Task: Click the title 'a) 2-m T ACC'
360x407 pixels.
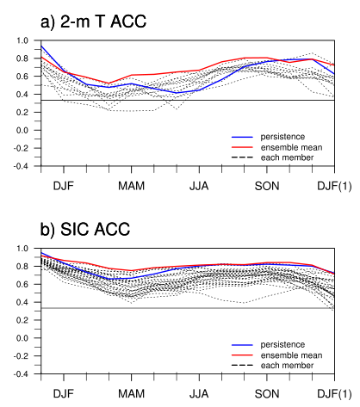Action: [x=93, y=22]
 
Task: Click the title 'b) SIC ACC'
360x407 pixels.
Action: [x=85, y=229]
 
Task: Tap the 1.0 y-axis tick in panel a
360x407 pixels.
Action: [x=22, y=40]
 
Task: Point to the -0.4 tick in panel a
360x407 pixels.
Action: [x=21, y=166]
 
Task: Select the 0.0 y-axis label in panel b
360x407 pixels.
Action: [x=22, y=338]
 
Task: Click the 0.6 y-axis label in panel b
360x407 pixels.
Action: [x=22, y=284]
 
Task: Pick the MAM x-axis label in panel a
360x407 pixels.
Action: [x=131, y=186]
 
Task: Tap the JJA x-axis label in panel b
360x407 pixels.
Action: [x=199, y=394]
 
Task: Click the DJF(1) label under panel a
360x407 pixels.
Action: [x=334, y=186]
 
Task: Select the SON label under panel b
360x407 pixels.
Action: [x=267, y=394]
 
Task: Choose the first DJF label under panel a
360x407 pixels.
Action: [x=64, y=186]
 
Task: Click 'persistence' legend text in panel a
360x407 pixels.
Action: [x=282, y=137]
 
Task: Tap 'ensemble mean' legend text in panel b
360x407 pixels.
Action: [x=291, y=355]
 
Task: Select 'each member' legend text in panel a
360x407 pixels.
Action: [x=287, y=157]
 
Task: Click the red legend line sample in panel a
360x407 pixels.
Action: [x=242, y=147]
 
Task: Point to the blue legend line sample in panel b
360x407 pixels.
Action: [x=242, y=345]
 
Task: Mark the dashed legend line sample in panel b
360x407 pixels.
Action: [x=242, y=366]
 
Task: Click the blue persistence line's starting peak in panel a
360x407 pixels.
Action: [x=41, y=46]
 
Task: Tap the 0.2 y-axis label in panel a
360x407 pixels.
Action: [x=22, y=112]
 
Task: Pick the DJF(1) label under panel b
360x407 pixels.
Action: [x=334, y=394]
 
